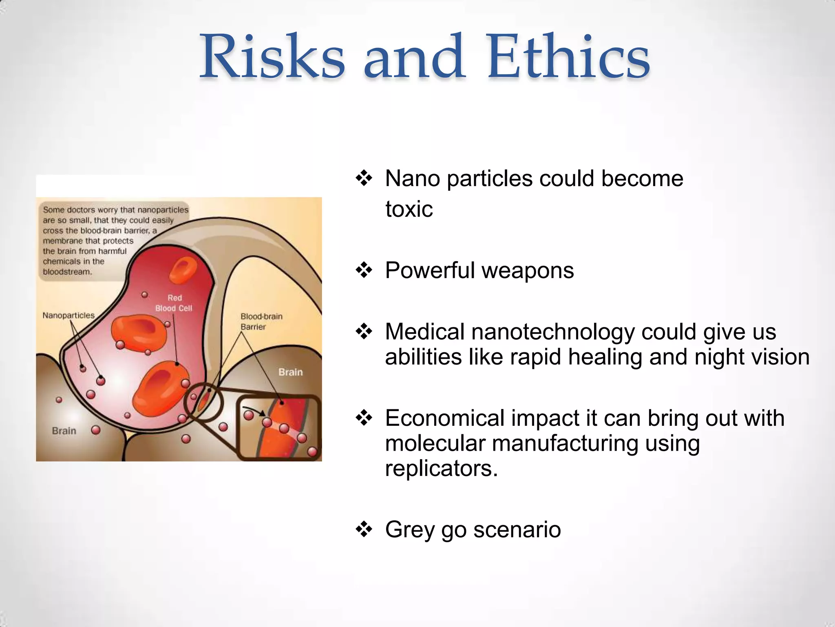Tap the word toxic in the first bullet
[x=409, y=209]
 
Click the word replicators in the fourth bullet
[x=441, y=468]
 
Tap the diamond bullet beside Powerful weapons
[x=364, y=271]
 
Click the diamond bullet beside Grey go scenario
[x=364, y=530]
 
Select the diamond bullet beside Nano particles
[x=364, y=179]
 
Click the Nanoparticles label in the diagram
[x=68, y=316]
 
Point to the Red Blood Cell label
[x=174, y=303]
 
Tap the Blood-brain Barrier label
[x=261, y=321]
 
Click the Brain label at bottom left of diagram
[x=64, y=431]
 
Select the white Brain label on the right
[x=291, y=372]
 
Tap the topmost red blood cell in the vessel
[x=183, y=269]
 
